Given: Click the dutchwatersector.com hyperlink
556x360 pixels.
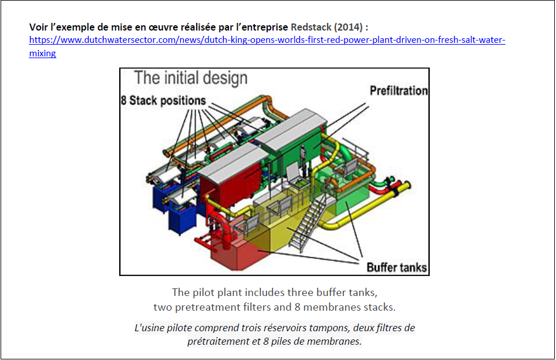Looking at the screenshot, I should tap(267, 41).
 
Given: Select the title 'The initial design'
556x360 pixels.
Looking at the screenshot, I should tap(191, 78).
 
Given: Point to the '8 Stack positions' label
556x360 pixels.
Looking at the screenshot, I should tap(164, 100).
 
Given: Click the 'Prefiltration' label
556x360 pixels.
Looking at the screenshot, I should tap(399, 91).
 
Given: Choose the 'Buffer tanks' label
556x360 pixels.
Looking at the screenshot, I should tap(397, 268).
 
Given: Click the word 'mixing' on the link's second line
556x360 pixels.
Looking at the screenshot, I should tap(42, 53).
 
